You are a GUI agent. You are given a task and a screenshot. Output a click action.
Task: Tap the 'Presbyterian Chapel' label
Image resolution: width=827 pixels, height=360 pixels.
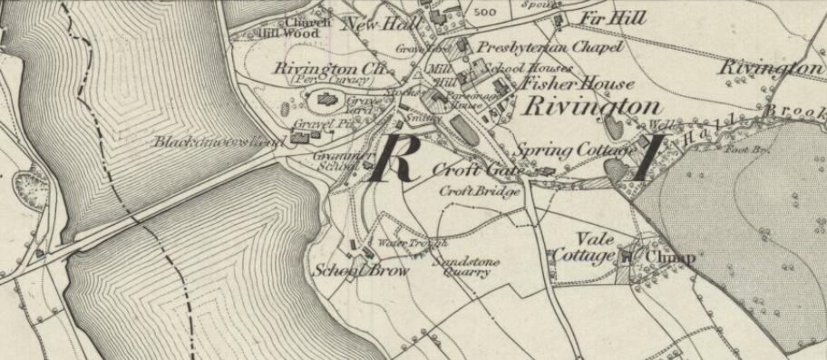click(550, 47)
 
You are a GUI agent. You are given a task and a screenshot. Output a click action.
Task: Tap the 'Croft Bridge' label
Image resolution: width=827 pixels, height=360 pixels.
click(480, 191)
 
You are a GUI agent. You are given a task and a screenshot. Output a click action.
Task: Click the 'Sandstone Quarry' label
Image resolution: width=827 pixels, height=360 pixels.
click(461, 266)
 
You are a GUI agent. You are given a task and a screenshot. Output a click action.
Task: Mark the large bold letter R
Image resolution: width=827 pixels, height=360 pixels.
click(396, 159)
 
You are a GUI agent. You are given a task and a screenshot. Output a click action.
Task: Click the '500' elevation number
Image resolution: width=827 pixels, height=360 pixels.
click(485, 13)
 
